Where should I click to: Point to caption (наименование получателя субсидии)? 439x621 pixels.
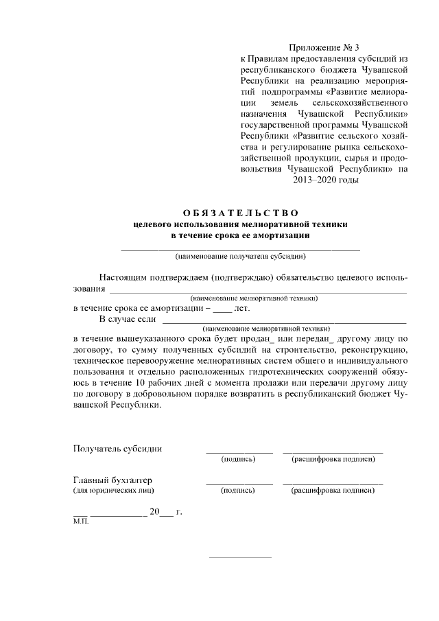[x=240, y=257]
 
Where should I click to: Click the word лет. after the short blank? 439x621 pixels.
[x=242, y=308]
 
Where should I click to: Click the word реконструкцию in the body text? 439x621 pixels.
[x=372, y=350]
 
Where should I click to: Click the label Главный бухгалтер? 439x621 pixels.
[x=112, y=480]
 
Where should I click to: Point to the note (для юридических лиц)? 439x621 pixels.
[x=114, y=491]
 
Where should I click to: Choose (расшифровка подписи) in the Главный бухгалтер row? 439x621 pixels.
[x=333, y=491]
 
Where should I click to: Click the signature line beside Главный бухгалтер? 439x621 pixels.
[x=239, y=484]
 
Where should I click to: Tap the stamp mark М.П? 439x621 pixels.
[x=80, y=522]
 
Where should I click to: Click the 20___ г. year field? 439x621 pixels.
[x=165, y=512]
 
